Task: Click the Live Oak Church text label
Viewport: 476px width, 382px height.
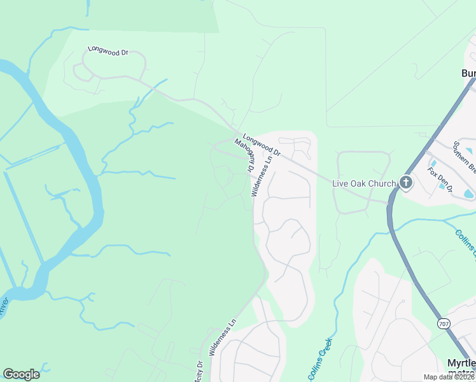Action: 364,183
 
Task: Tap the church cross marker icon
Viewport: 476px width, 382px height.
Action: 405,183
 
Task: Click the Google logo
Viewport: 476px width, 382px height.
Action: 21,374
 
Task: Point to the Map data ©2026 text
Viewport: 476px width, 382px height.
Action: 449,377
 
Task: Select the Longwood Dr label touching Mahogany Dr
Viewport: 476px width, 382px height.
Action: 262,145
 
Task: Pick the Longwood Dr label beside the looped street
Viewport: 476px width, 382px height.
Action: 108,50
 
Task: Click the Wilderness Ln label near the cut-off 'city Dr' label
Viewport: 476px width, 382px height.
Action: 223,336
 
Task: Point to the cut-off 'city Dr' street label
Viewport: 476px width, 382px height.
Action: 199,372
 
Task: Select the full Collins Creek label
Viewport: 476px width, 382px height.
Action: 321,358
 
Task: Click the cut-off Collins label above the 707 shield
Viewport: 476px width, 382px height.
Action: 466,243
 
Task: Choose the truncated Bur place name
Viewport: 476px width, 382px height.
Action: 468,73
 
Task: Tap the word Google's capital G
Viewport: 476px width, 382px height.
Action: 8,374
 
